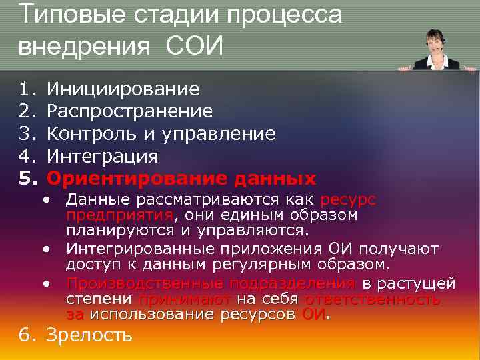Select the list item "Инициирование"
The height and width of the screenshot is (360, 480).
[122, 88]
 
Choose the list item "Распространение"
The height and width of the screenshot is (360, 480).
[129, 111]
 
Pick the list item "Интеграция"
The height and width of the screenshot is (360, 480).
[102, 156]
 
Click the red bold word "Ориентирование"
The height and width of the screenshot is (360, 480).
[133, 179]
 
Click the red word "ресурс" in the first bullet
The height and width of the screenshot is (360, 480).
[348, 201]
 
